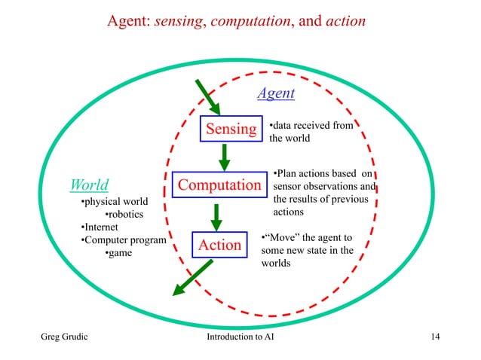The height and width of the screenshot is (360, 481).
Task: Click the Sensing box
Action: pyautogui.click(x=231, y=129)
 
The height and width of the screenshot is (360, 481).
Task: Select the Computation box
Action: pyautogui.click(x=219, y=185)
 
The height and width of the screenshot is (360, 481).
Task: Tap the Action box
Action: pyautogui.click(x=219, y=245)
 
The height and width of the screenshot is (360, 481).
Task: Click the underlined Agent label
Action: pyautogui.click(x=276, y=93)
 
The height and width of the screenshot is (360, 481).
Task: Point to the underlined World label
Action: pyautogui.click(x=89, y=185)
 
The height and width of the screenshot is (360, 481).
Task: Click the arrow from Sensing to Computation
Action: pyautogui.click(x=224, y=156)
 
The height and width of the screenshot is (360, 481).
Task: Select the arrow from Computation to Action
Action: pyautogui.click(x=217, y=215)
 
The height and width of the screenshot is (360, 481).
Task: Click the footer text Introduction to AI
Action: pyautogui.click(x=240, y=336)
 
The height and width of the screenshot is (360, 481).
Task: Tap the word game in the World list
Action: pyautogui.click(x=119, y=253)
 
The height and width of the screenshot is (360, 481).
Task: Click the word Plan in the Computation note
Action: pyautogui.click(x=288, y=172)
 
